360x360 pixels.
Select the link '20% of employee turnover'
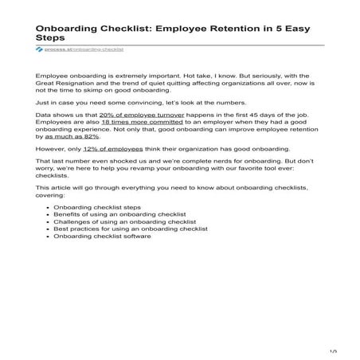pos(134,137)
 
